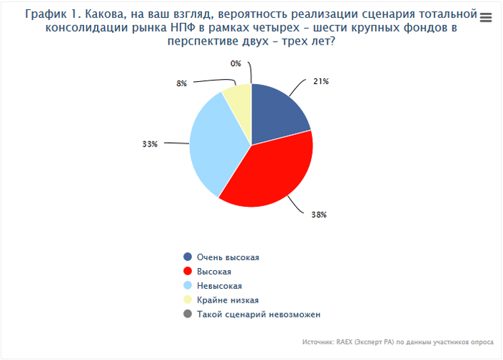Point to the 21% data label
(320, 81)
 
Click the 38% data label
(319, 214)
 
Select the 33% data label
(149, 144)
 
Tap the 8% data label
(182, 83)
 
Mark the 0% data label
(235, 63)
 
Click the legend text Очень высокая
(228, 257)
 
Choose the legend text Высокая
(214, 271)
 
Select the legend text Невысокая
(219, 285)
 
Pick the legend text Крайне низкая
(227, 300)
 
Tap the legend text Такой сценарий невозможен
(258, 314)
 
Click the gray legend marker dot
(188, 314)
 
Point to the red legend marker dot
(188, 271)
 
